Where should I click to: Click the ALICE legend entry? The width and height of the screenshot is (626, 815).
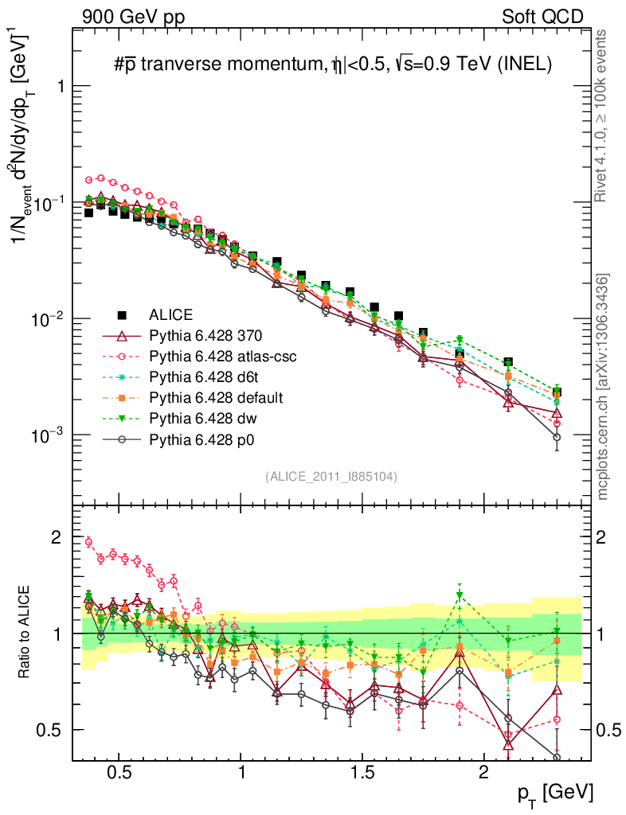click(171, 314)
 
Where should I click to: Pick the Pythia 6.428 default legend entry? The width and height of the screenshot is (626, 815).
click(221, 396)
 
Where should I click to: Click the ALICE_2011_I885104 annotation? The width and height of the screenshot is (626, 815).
click(331, 476)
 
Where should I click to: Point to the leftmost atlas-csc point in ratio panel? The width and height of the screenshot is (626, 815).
click(88, 542)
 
